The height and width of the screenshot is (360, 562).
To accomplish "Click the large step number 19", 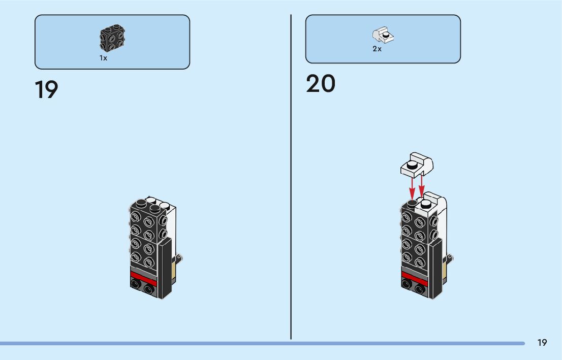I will pyautogui.click(x=46, y=90).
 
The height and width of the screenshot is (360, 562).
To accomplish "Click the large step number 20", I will pyautogui.click(x=321, y=84).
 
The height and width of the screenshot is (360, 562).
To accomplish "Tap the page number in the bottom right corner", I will pyautogui.click(x=542, y=343).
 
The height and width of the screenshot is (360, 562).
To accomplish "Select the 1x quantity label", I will pyautogui.click(x=103, y=58).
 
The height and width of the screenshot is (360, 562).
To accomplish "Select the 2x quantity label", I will pyautogui.click(x=377, y=49).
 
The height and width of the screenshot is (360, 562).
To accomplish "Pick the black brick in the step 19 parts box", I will pyautogui.click(x=112, y=38).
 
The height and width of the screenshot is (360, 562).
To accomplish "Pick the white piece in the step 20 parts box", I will pyautogui.click(x=384, y=36).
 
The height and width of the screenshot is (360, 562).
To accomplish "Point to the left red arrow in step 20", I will pyautogui.click(x=412, y=187).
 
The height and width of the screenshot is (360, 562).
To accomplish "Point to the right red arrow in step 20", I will pyautogui.click(x=421, y=185).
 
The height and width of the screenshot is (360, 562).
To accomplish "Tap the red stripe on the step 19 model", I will pyautogui.click(x=143, y=277).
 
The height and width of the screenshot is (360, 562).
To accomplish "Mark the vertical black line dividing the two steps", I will pyautogui.click(x=291, y=178).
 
